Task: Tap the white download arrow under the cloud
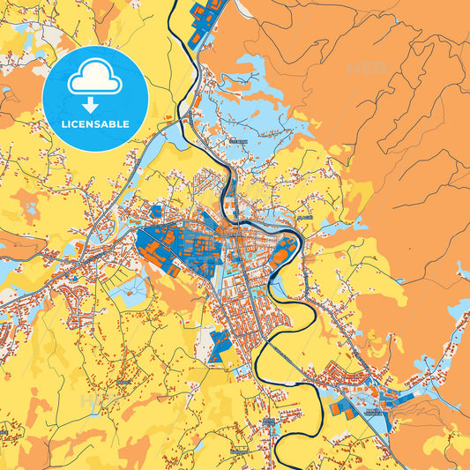point(94,105)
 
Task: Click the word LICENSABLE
point(94,124)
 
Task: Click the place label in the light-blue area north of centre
point(238,140)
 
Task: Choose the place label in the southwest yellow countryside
point(123,382)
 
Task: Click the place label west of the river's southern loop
point(268,421)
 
